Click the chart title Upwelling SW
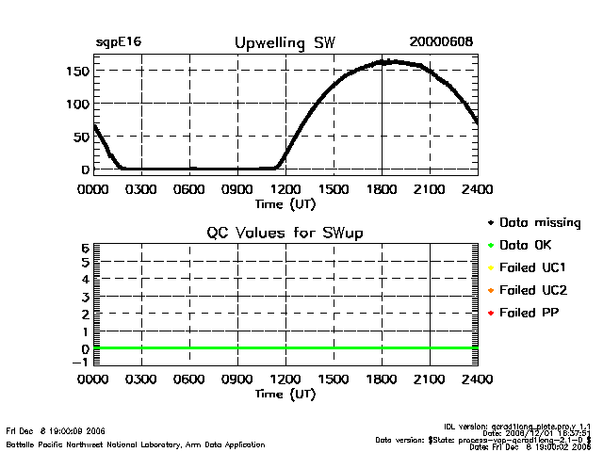(x=284, y=43)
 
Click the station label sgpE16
(x=118, y=43)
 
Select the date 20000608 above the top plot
(x=441, y=43)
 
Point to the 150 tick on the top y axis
(x=78, y=71)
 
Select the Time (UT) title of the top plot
(x=285, y=202)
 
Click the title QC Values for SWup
(x=285, y=233)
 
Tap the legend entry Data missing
(x=533, y=223)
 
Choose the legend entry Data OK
(x=520, y=245)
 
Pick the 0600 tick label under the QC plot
(x=189, y=380)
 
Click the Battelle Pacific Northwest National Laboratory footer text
(x=136, y=444)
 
